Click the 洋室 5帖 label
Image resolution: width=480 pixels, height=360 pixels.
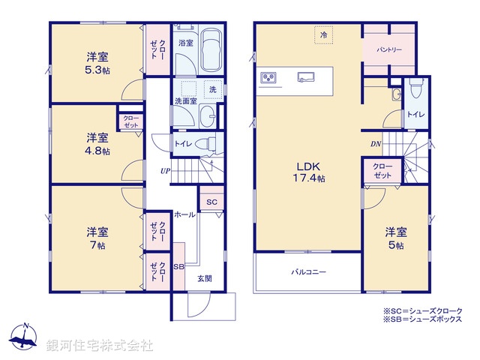(396, 238)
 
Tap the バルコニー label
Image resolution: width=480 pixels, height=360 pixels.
(308, 272)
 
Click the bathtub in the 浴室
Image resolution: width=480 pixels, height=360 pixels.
(212, 51)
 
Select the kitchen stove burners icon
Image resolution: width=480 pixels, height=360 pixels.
(269, 77)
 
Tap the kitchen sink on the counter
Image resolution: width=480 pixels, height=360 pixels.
(307, 76)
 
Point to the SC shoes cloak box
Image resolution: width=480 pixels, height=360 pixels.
(211, 202)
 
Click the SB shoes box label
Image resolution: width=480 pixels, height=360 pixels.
(178, 267)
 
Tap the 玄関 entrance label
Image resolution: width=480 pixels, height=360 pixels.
(204, 278)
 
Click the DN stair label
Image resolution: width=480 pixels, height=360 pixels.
(375, 144)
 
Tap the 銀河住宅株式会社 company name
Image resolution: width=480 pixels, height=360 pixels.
(100, 345)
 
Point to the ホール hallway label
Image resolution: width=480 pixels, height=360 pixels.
(185, 215)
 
